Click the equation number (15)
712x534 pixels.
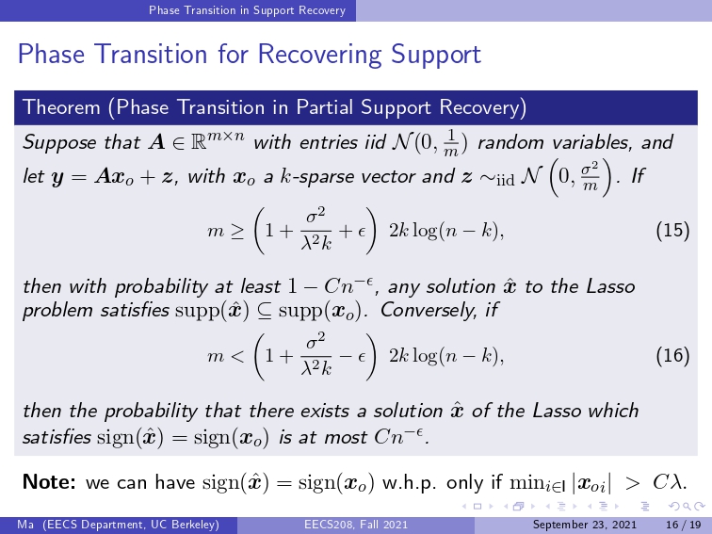673,231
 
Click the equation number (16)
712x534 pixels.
673,356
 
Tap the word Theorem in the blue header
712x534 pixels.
61,107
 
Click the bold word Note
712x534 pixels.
49,482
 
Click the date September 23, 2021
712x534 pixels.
585,525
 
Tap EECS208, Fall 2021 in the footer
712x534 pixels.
356,525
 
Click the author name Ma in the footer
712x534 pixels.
25,525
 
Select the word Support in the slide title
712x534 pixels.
436,55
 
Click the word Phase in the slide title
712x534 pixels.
51,54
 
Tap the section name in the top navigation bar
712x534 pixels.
248,10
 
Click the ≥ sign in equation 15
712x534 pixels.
236,232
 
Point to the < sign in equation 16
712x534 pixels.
236,356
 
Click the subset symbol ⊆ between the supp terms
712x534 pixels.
265,311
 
